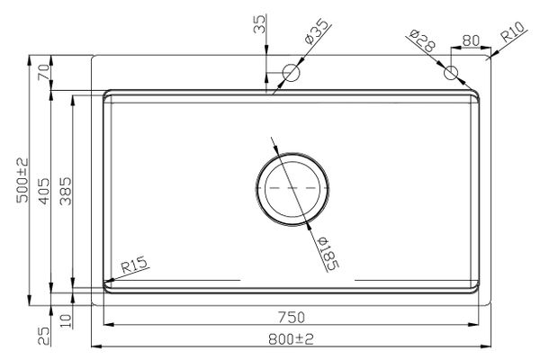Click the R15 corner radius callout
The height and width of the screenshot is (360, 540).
pos(133,265)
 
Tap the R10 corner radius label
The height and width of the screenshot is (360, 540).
pos(513,38)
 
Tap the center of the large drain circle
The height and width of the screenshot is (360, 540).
pos(291,189)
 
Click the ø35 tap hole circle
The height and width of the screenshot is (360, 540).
pos(291,72)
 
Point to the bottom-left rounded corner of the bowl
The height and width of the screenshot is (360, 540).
pos(109,288)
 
